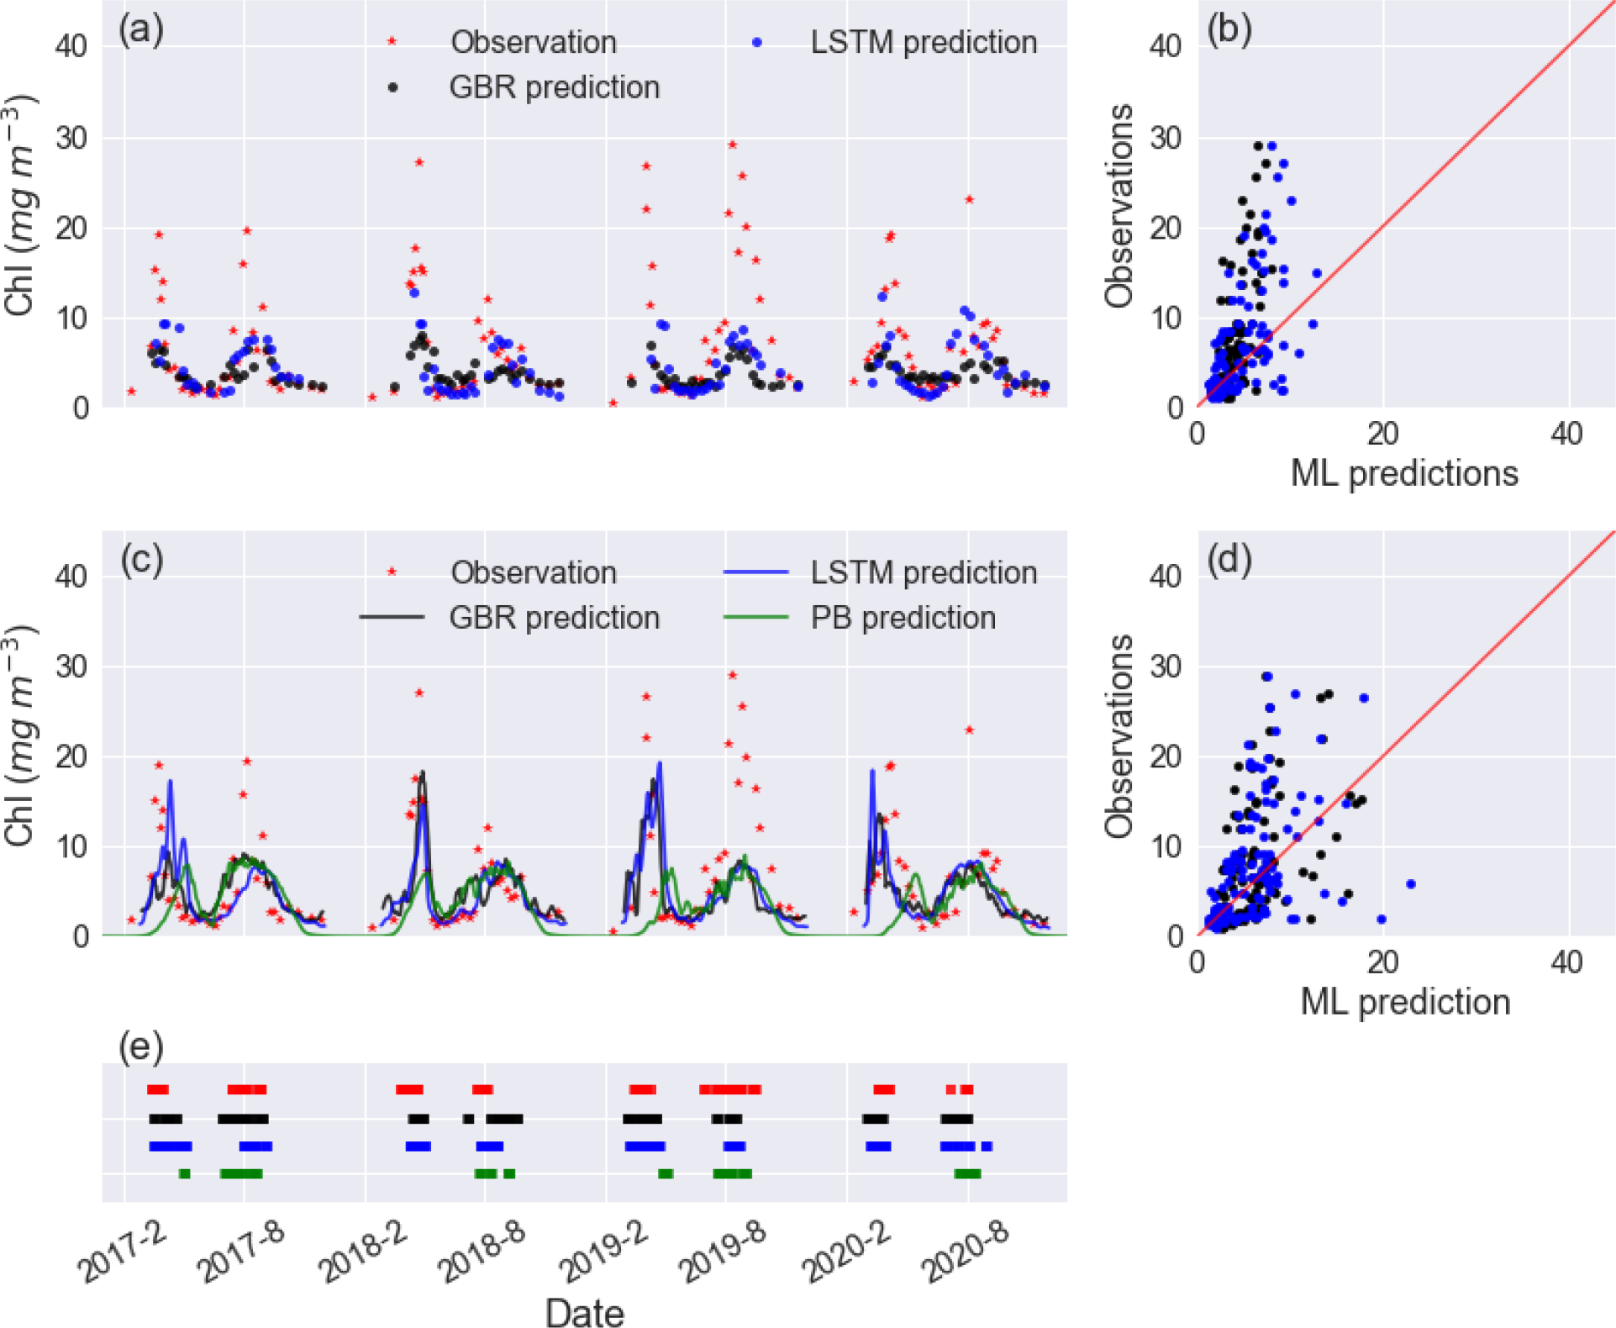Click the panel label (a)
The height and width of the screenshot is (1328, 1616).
(140, 30)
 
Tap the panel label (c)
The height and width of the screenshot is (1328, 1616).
(140, 560)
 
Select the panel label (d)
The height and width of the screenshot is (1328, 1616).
(1229, 560)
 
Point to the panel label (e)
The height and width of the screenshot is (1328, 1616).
(140, 1047)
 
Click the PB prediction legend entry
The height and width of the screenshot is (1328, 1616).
(903, 618)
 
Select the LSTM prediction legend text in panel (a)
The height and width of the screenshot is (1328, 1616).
(923, 42)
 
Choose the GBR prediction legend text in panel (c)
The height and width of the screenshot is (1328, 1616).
(554, 618)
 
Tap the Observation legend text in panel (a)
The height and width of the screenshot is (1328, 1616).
(533, 42)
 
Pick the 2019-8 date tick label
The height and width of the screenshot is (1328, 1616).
(724, 1252)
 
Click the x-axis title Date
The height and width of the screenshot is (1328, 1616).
(584, 1312)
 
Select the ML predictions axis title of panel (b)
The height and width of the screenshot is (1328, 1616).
(1404, 473)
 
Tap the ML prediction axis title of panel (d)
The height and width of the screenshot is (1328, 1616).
(1404, 1002)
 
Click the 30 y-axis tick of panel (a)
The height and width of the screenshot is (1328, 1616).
(71, 138)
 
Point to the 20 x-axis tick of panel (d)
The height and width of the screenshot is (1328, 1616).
(1382, 962)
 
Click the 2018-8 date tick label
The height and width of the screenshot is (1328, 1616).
(482, 1252)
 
